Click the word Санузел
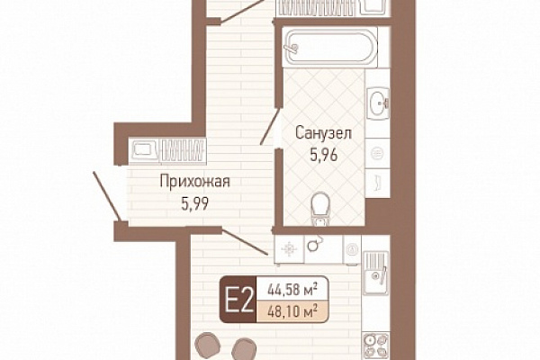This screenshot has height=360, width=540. [x=323, y=133]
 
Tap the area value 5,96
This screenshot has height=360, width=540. [x=324, y=156]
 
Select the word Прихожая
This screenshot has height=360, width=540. [x=195, y=182]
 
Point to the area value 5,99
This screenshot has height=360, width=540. [x=195, y=204]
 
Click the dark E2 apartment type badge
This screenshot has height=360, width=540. [x=238, y=300]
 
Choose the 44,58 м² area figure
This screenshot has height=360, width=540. [x=292, y=290]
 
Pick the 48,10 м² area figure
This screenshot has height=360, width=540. [x=292, y=312]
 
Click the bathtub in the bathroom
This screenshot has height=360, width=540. [x=330, y=48]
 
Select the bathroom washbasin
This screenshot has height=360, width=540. [x=378, y=103]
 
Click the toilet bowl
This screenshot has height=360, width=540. [x=320, y=209]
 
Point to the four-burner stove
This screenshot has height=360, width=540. [x=376, y=346]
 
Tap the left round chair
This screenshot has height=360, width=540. [x=208, y=344]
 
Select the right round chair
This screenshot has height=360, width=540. [x=244, y=348]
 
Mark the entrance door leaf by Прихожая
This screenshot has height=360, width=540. [x=107, y=196]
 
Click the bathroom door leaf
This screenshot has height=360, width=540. [x=270, y=126]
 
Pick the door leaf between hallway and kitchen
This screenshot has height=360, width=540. [x=245, y=242]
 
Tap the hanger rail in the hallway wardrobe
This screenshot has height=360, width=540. [x=183, y=150]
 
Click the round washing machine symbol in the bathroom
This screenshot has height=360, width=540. [x=377, y=153]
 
